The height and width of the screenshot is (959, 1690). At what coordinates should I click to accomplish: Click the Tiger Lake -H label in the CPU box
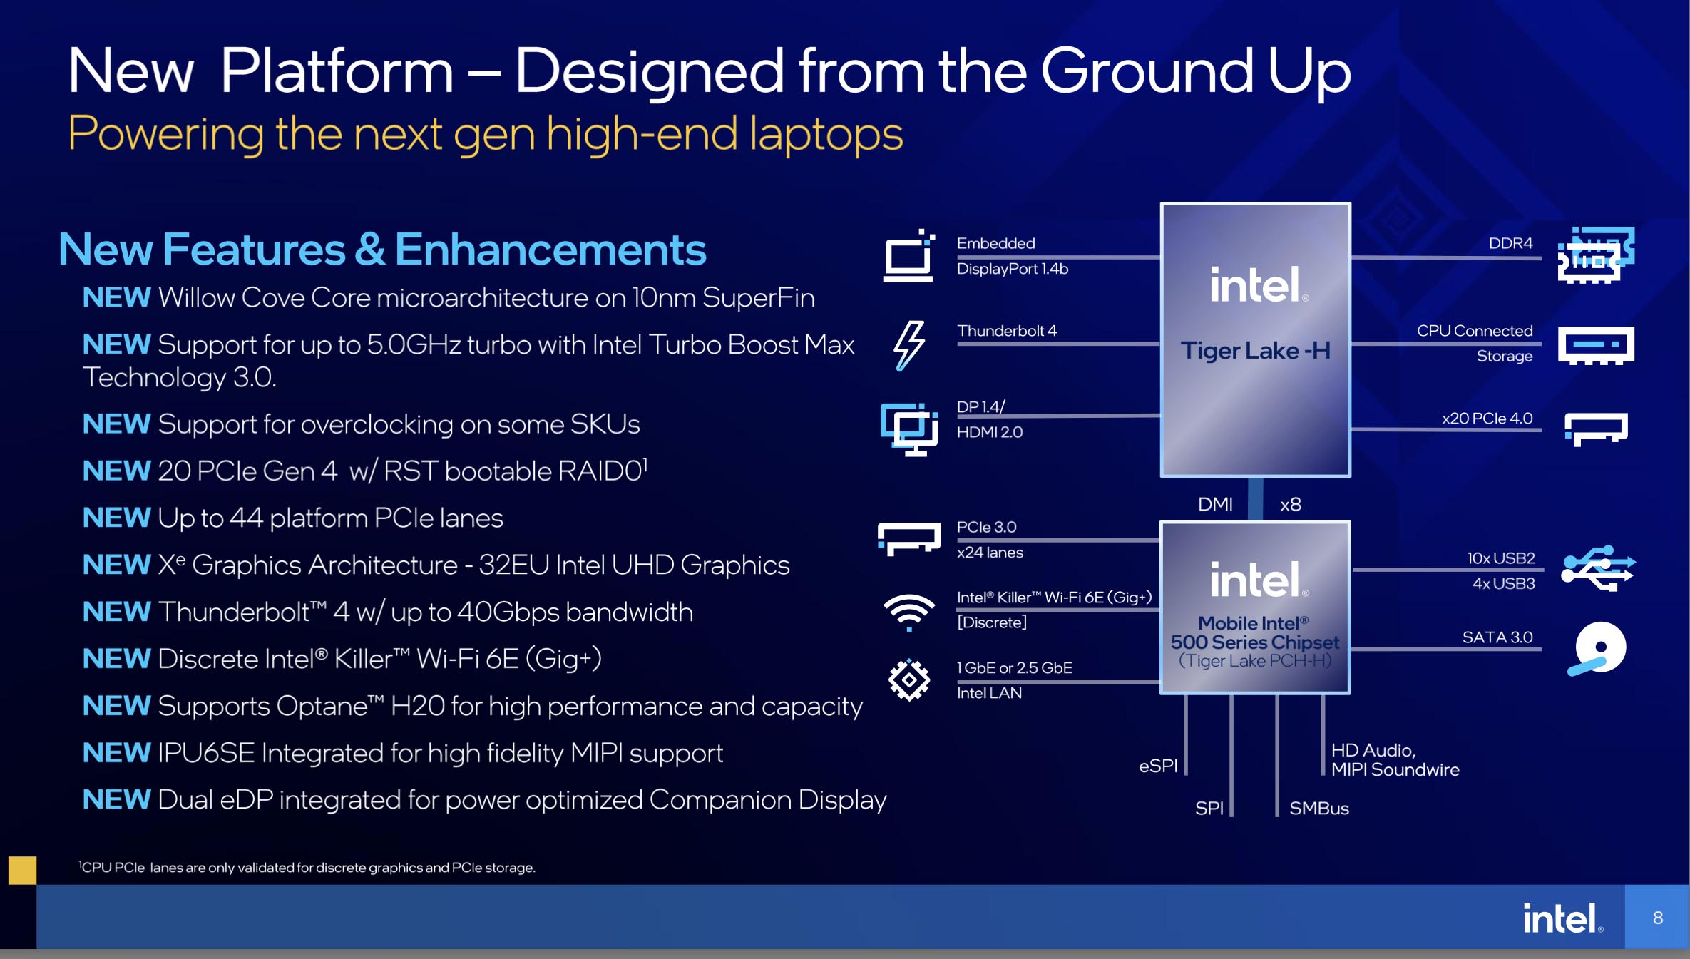pyautogui.click(x=1255, y=351)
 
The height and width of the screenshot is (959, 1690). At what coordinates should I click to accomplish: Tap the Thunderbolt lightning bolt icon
pyautogui.click(x=908, y=346)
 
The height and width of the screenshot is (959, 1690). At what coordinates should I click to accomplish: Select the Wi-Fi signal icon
pyautogui.click(x=908, y=611)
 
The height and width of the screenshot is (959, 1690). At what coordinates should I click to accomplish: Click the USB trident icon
pyautogui.click(x=1597, y=568)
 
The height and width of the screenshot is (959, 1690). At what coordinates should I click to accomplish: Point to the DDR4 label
pyautogui.click(x=1510, y=243)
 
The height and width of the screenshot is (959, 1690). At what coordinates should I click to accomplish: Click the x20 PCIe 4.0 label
pyautogui.click(x=1487, y=419)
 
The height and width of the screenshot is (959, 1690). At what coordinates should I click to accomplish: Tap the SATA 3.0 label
pyautogui.click(x=1497, y=637)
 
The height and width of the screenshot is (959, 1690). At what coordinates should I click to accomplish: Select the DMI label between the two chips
pyautogui.click(x=1215, y=505)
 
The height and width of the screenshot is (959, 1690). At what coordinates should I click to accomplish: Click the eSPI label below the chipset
pyautogui.click(x=1158, y=766)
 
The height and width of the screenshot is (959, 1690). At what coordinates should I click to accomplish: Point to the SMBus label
pyautogui.click(x=1318, y=809)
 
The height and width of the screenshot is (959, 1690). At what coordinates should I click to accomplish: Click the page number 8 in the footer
pyautogui.click(x=1657, y=918)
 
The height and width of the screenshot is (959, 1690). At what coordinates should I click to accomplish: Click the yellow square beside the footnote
pyautogui.click(x=22, y=870)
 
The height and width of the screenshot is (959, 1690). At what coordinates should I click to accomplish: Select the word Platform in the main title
pyautogui.click(x=337, y=71)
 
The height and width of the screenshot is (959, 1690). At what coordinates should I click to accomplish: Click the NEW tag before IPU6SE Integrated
pyautogui.click(x=116, y=753)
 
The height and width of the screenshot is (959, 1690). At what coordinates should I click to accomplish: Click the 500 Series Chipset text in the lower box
pyautogui.click(x=1254, y=642)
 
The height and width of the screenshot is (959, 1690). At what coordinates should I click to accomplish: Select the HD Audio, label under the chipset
pyautogui.click(x=1373, y=750)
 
